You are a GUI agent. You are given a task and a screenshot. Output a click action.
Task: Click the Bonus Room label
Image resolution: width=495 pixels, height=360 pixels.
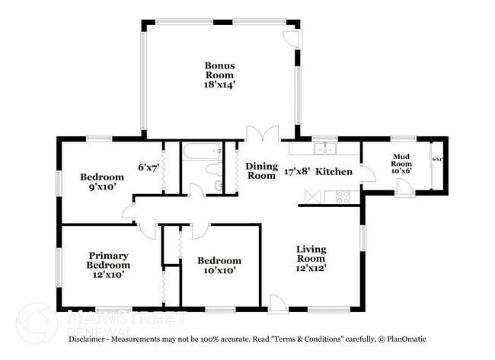point(218,70)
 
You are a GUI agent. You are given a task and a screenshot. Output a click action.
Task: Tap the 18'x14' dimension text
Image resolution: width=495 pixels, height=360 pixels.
point(218,85)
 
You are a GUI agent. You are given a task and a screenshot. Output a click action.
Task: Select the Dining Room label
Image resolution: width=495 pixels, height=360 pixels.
point(260,170)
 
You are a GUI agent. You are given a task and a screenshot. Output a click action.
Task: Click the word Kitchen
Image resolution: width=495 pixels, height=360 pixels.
point(334,172)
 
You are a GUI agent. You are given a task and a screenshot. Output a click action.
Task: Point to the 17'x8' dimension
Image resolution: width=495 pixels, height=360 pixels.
point(296,172)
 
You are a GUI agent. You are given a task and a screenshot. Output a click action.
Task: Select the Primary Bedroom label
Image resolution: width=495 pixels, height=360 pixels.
point(107,260)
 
